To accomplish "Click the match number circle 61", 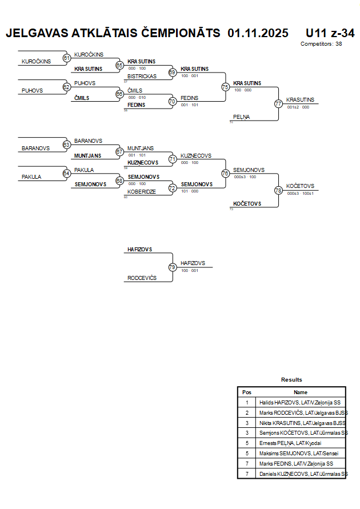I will pyautogui.click(x=67, y=58).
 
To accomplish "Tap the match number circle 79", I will pyautogui.click(x=172, y=267).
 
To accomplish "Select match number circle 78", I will pyautogui.click(x=278, y=190).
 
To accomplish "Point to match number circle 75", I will pyautogui.click(x=225, y=87).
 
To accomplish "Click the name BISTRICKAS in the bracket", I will pyautogui.click(x=142, y=76).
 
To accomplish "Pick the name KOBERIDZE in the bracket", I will pyautogui.click(x=141, y=192).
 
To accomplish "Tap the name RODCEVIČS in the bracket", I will pyautogui.click(x=142, y=278).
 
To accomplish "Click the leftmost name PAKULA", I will pyautogui.click(x=31, y=177).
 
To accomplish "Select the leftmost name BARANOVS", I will pyautogui.click(x=35, y=148).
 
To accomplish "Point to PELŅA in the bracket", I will pyautogui.click(x=241, y=117).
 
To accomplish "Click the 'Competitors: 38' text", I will pyautogui.click(x=321, y=43).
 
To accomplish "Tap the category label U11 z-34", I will pyautogui.click(x=330, y=33).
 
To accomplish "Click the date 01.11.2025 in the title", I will pyautogui.click(x=258, y=33).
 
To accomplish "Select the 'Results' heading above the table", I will pyautogui.click(x=291, y=379).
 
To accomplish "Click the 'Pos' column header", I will pyautogui.click(x=247, y=392).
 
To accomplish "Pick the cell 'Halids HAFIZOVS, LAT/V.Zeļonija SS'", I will pyautogui.click(x=300, y=402).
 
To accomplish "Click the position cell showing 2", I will pyautogui.click(x=247, y=412).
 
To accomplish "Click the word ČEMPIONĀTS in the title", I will pyautogui.click(x=177, y=33).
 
